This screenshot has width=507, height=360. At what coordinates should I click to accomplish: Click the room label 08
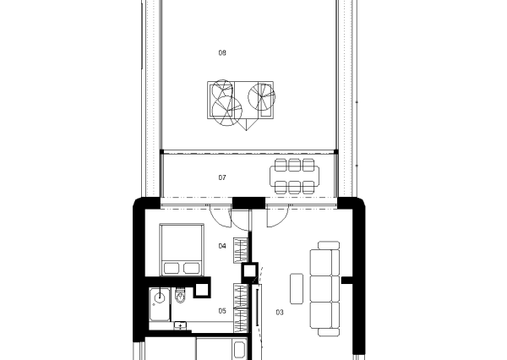222,52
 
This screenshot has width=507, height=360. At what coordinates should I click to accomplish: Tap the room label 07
222,177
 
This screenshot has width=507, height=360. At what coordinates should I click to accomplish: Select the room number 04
222,246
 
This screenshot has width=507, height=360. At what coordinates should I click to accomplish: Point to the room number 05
222,311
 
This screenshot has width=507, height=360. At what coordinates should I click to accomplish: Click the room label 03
280,312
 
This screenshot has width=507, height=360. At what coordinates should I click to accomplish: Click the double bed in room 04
182,249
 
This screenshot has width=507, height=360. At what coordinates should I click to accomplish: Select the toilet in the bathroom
180,296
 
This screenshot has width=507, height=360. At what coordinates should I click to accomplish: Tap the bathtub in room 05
160,304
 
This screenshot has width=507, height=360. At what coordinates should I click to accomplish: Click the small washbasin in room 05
180,325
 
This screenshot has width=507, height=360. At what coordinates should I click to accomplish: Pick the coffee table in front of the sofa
297,288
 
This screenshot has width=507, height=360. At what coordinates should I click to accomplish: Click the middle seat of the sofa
324,288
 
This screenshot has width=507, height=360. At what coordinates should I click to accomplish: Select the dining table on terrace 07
295,177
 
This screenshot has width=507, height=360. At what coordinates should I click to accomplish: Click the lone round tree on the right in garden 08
262,96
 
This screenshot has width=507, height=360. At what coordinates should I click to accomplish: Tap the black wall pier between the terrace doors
249,203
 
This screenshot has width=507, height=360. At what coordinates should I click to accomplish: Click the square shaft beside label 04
249,271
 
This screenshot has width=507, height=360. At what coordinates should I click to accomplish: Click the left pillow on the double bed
172,269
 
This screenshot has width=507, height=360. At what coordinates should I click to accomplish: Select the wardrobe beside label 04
241,250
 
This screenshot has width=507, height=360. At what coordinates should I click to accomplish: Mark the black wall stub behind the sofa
347,280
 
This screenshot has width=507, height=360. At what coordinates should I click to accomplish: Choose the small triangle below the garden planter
247,124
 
